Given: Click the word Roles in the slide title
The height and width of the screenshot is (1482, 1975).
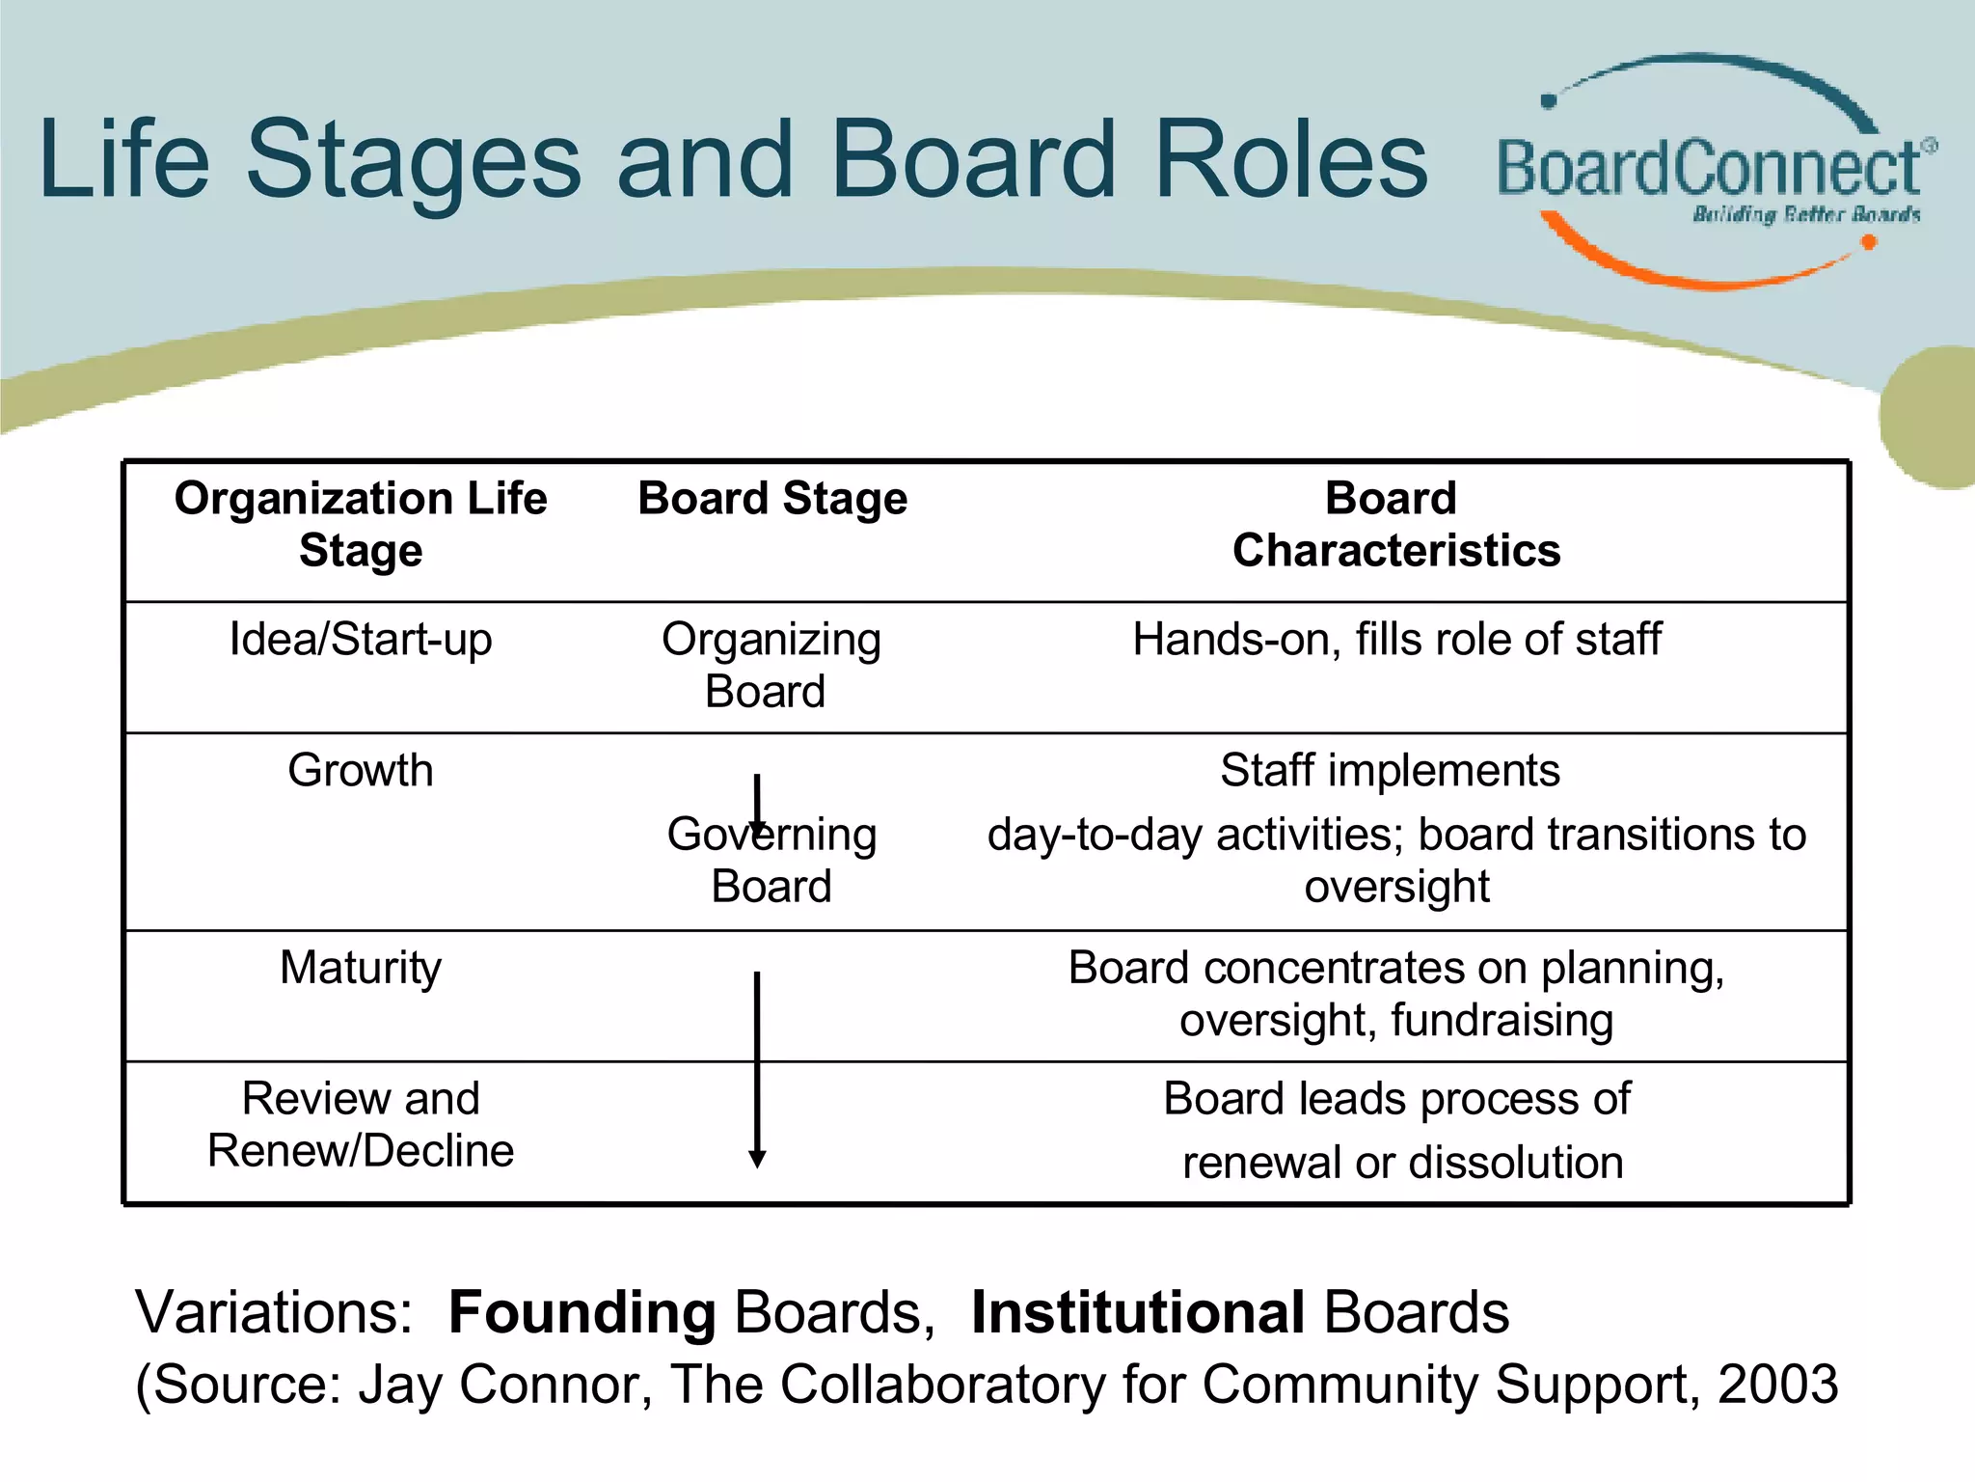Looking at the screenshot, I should (1289, 160).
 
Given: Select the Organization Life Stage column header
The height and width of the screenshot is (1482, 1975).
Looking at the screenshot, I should (360, 524).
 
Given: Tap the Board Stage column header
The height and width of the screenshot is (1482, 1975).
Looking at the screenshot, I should (772, 499).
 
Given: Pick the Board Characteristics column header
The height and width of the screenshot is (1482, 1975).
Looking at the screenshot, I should (1394, 524).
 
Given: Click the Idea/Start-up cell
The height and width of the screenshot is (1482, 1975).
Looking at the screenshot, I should (360, 639).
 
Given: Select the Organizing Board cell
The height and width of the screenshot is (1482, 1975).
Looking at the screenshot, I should (770, 665).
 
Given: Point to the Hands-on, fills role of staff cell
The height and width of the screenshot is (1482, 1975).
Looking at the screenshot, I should (1396, 639).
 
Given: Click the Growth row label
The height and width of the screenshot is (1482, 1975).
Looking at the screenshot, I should (360, 770).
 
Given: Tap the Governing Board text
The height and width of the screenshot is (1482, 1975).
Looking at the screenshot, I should (771, 860).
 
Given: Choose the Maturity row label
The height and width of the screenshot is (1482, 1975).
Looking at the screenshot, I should (360, 967).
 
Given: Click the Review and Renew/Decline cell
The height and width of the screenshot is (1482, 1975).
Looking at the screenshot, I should (360, 1124).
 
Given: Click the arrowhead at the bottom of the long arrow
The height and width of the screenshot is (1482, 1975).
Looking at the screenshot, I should (757, 1159).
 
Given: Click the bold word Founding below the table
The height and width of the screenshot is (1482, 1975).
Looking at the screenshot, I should (582, 1312).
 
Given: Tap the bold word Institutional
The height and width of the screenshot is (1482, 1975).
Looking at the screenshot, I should (1138, 1312).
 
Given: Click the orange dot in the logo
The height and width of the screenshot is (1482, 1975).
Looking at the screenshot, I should (1868, 242).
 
